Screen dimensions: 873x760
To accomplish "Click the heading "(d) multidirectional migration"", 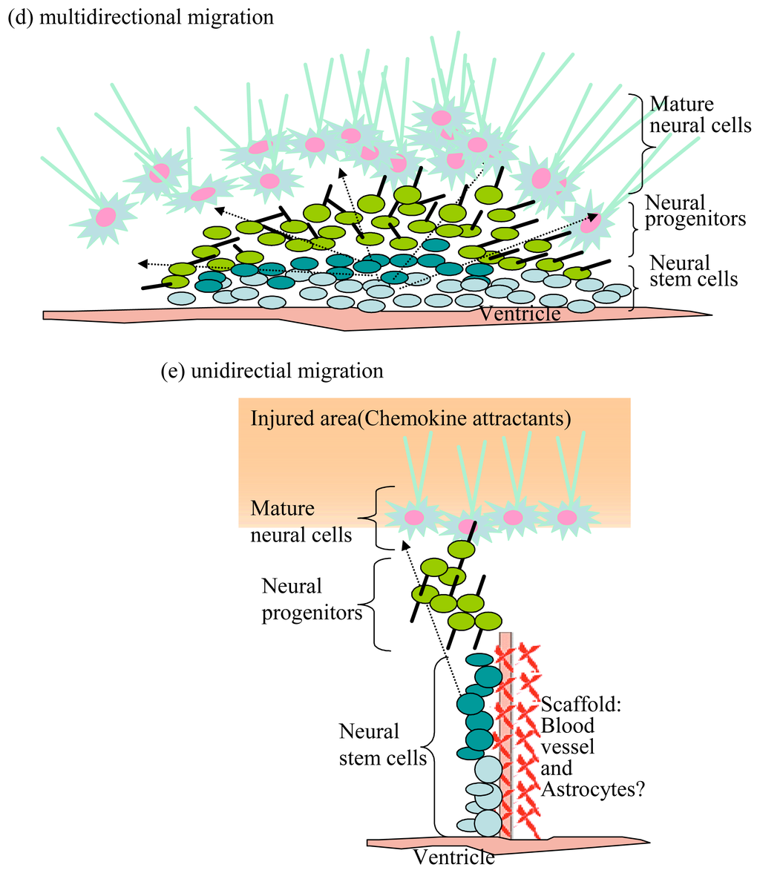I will coord(140,17).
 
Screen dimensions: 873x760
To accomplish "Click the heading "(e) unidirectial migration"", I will coord(272,371).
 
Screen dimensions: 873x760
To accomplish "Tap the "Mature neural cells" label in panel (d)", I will coord(700,114).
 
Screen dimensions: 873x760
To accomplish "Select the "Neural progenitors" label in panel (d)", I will coord(695,211).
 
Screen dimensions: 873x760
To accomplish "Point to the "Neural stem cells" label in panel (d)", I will coord(693,270).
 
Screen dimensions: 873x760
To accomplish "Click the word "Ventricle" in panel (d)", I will coord(520,314).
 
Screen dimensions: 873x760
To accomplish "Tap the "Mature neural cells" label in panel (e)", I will coord(301,521).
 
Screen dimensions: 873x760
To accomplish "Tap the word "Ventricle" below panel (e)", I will coord(453,857).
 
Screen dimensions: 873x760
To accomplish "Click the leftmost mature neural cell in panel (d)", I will coord(105,216).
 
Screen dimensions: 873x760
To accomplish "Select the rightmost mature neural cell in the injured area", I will coord(567,516).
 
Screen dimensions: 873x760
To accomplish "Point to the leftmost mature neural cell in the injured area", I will coord(413,517).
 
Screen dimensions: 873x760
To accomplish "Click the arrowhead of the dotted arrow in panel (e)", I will coord(404,546).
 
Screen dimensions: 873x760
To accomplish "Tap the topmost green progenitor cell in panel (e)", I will coord(461,549).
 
